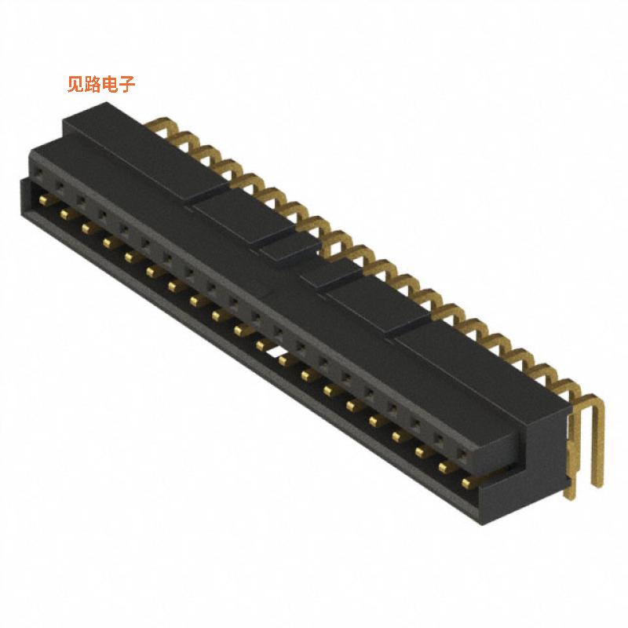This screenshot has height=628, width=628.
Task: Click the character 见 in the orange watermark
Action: [x=75, y=84]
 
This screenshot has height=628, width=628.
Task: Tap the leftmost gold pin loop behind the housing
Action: [x=162, y=124]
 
